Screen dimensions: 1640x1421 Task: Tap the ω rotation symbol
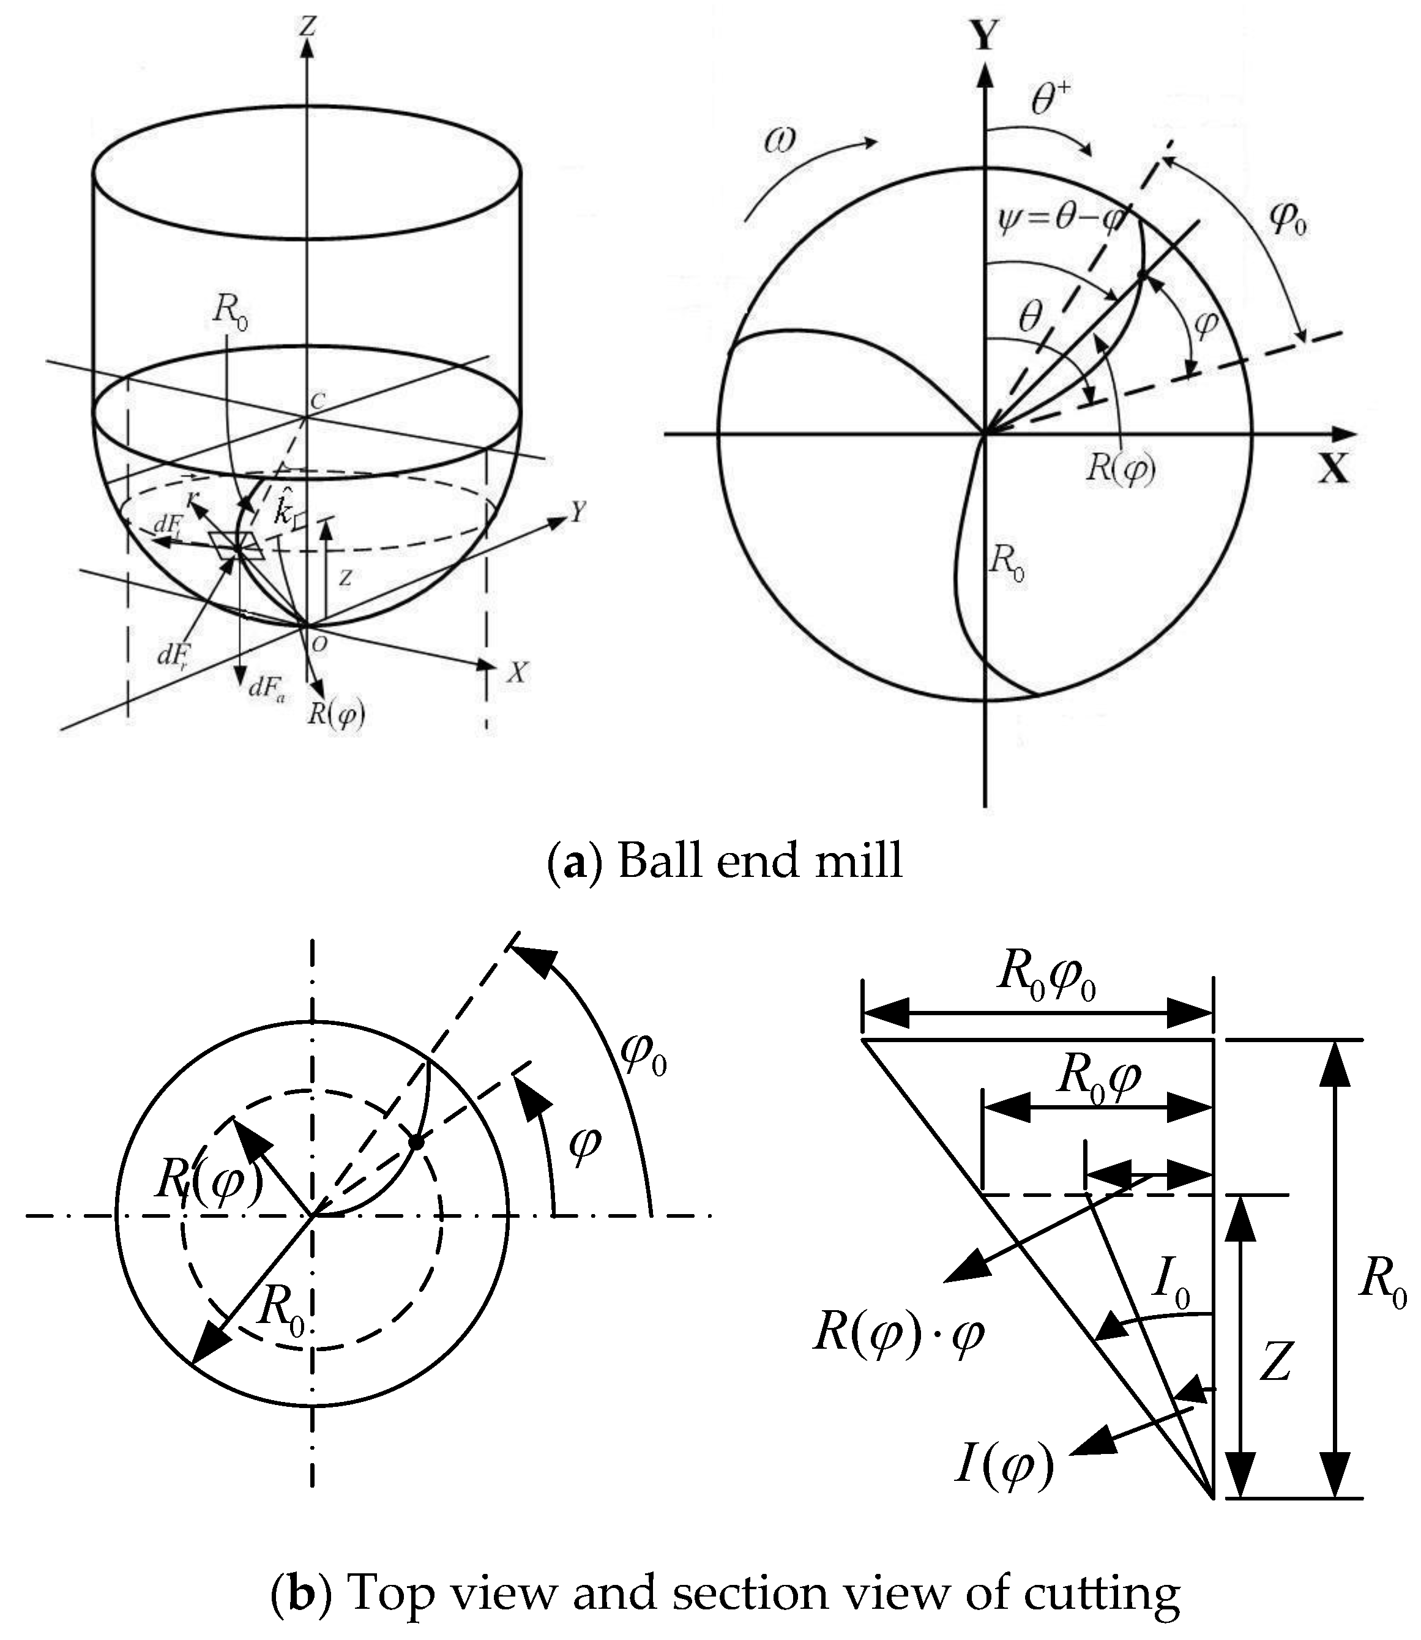pos(780,143)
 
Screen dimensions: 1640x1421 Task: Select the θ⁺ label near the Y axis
pos(1051,102)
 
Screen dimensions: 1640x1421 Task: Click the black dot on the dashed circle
pos(416,1142)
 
